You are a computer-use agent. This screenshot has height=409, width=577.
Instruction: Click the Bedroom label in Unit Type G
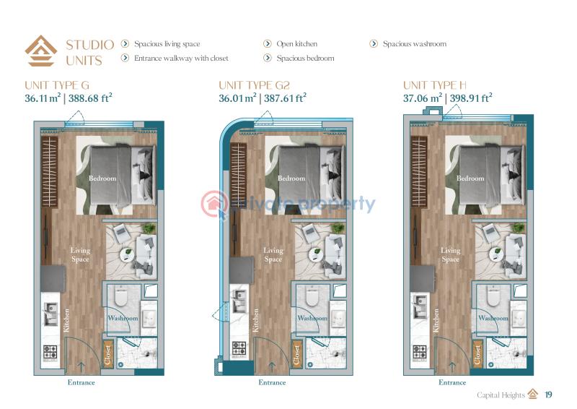(x=102, y=178)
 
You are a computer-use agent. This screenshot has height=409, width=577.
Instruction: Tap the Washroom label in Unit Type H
(x=493, y=318)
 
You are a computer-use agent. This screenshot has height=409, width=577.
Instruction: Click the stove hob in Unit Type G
(x=50, y=352)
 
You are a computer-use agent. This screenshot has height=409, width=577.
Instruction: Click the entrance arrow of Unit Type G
(x=81, y=366)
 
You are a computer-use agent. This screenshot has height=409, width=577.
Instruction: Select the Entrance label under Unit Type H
(x=452, y=382)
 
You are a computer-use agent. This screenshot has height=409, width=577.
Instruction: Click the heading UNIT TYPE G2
(x=255, y=85)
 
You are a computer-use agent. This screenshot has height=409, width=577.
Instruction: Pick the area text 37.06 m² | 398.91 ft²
(x=447, y=98)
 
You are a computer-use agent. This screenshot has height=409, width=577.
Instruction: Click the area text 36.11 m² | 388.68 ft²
(x=69, y=98)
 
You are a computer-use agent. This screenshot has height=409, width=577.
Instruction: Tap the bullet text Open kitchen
(x=297, y=43)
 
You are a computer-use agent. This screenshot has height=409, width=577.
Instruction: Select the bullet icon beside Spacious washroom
(x=374, y=43)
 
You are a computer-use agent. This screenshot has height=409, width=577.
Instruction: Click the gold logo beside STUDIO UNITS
(x=41, y=51)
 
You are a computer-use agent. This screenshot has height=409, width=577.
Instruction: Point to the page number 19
(x=548, y=395)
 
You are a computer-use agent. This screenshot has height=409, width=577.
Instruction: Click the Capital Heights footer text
(x=501, y=395)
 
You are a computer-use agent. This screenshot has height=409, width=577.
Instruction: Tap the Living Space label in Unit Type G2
(x=273, y=254)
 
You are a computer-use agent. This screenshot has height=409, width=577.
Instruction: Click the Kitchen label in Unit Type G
(x=66, y=320)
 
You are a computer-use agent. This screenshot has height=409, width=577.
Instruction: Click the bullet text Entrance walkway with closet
(x=181, y=58)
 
